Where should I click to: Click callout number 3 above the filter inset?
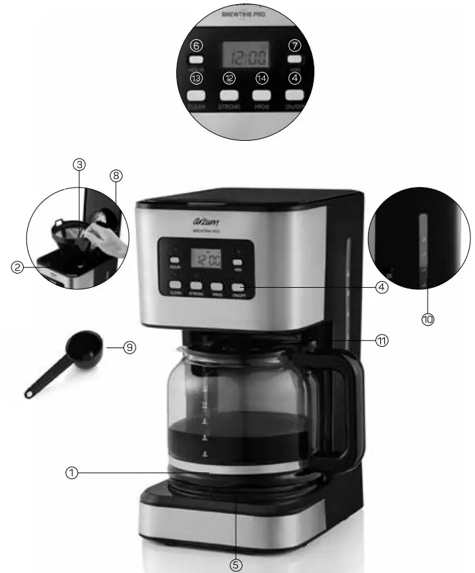[x=80, y=165]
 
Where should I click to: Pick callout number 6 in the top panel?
[x=197, y=46]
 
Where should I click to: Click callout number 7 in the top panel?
[x=295, y=46]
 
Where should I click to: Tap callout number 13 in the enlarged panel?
[x=197, y=78]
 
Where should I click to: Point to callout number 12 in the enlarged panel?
[x=229, y=78]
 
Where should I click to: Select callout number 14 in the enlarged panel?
[x=262, y=78]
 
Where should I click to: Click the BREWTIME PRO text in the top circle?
[x=245, y=14]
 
